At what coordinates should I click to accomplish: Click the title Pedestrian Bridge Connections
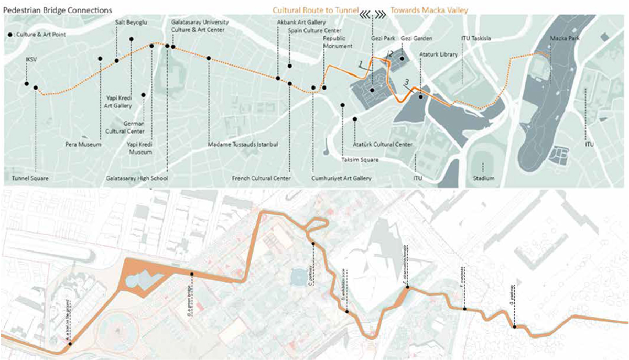[57, 9]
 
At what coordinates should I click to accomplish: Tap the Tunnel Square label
[30, 179]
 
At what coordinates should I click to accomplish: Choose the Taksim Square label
[360, 160]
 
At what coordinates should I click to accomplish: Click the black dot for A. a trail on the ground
[70, 344]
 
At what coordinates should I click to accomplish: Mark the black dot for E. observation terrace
[407, 287]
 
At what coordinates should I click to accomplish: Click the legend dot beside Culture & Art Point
[11, 35]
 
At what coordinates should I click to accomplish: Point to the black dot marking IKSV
[26, 83]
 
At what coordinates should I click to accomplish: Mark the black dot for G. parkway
[514, 327]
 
